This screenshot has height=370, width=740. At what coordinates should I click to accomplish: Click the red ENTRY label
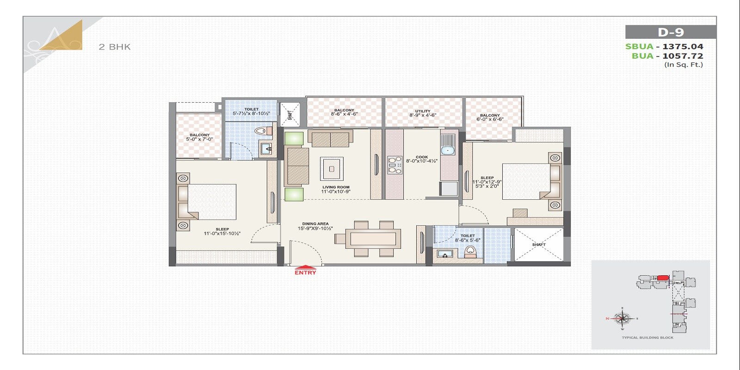(x=305, y=272)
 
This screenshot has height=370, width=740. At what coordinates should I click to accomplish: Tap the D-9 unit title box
(x=671, y=32)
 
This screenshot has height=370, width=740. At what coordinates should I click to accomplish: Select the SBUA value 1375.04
(x=683, y=46)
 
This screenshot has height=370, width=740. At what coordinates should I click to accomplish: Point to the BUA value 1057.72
(x=683, y=56)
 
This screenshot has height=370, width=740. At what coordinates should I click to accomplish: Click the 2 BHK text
(x=115, y=47)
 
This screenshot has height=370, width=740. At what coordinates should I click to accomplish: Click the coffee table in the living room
(x=332, y=169)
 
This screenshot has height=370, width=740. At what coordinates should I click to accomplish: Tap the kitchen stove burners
(x=395, y=165)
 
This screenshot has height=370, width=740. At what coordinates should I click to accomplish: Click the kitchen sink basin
(x=447, y=150)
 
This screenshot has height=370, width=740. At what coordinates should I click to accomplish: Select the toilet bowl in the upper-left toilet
(x=262, y=131)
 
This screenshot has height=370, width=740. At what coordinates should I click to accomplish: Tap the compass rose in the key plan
(x=623, y=318)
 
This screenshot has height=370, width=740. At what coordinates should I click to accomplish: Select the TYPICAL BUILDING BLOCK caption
(x=647, y=338)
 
